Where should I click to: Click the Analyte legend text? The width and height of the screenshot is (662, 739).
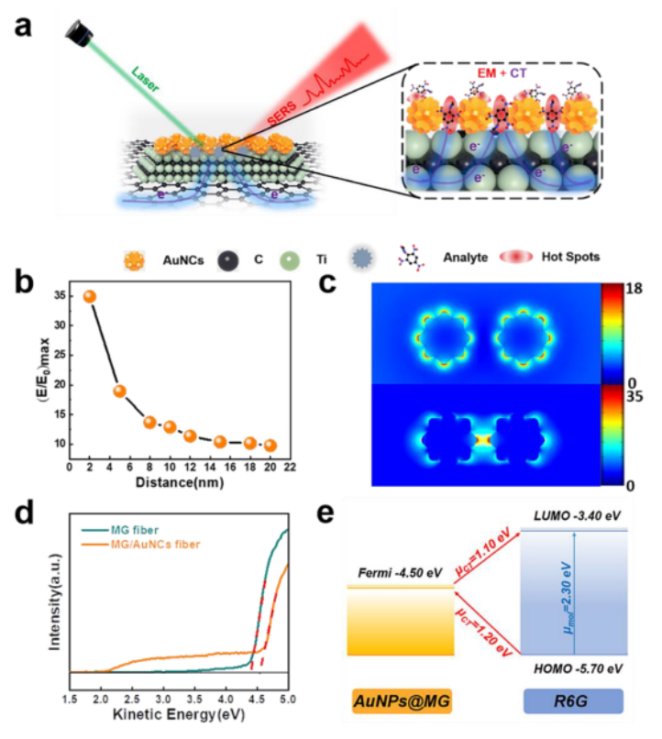pos(456,257)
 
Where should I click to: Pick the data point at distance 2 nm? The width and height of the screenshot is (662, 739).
pos(90,296)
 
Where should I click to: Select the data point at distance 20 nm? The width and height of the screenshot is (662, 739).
pos(270,446)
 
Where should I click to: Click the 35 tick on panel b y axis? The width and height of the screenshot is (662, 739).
pos(59,296)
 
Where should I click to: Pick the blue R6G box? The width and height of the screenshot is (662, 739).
pos(573,701)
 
